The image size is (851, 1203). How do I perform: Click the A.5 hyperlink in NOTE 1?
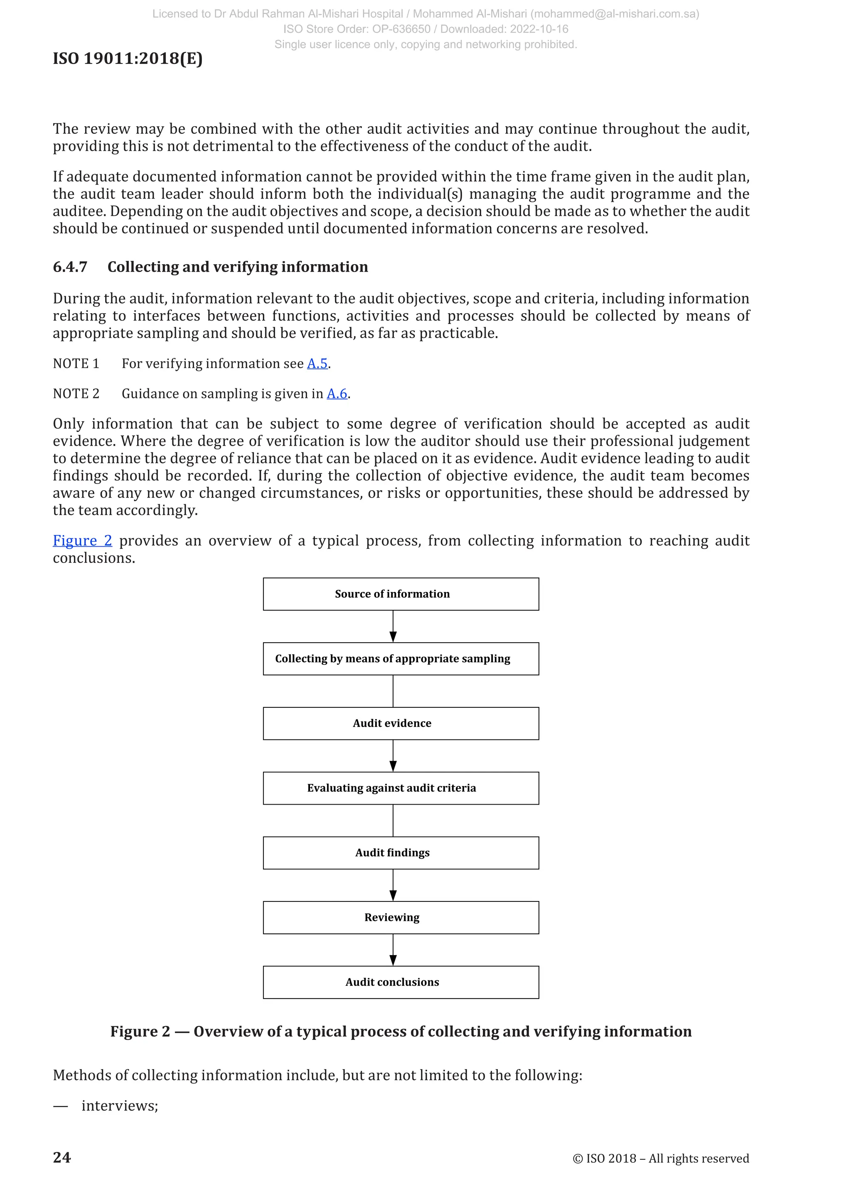317,363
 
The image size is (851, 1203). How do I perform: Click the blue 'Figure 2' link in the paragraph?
82,541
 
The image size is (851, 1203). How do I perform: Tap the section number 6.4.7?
70,267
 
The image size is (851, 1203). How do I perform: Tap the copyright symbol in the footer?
578,1159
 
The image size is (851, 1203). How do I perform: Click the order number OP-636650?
401,29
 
